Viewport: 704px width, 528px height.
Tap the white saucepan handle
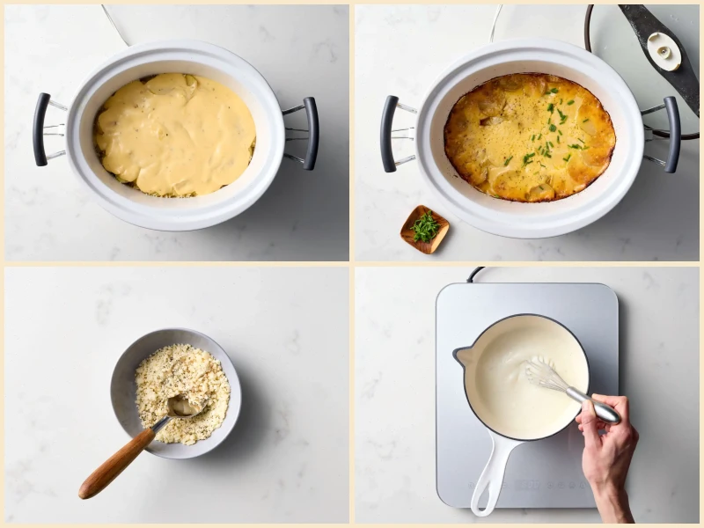click(492, 475)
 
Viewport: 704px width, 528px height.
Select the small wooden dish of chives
click(425, 229)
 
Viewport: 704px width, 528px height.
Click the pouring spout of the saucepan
click(461, 356)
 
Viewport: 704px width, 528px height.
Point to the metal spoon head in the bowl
click(182, 406)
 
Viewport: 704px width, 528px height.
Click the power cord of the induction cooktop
click(476, 274)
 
